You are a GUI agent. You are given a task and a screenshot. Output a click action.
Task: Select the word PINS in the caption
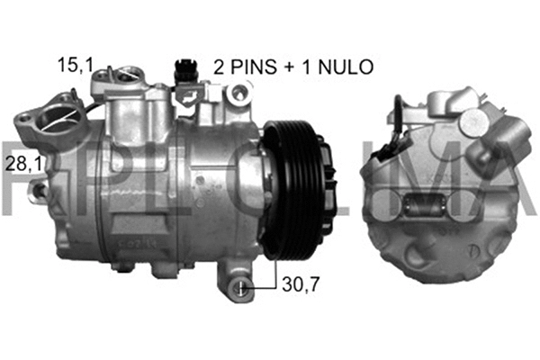tap(256, 66)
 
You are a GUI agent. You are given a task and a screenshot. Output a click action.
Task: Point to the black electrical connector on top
tap(183, 69)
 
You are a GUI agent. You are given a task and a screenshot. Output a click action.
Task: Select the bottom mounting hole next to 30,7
tap(243, 287)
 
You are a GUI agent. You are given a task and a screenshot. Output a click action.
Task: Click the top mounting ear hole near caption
tap(238, 92)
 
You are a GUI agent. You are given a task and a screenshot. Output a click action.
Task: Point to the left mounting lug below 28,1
tap(40, 192)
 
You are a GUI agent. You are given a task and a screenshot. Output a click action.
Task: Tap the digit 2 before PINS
tap(220, 66)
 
